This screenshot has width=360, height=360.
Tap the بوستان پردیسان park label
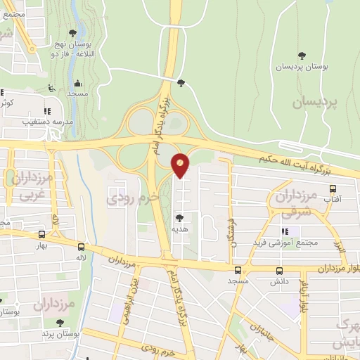click(x=302, y=66)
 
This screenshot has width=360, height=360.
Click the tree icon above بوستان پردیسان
click(x=302, y=55)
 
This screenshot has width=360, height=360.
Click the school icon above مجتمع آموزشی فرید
click(x=284, y=231)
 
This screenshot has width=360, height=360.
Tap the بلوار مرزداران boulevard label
click(x=323, y=268)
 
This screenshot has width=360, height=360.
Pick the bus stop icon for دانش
click(x=280, y=270)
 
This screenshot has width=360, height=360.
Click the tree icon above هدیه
click(x=180, y=218)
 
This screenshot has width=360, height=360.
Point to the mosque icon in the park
click(x=77, y=83)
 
